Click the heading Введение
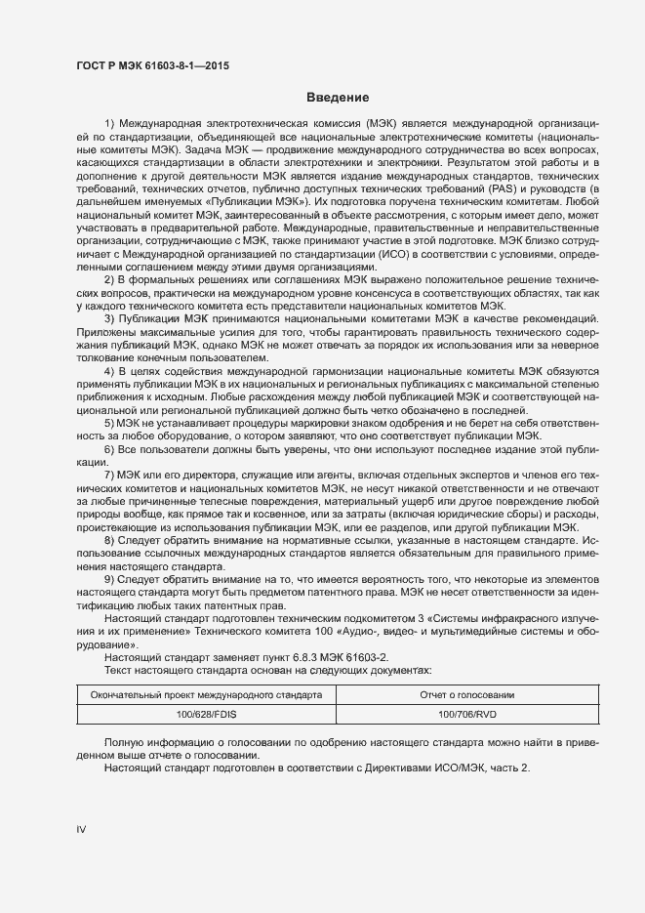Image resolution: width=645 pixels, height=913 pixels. [337, 98]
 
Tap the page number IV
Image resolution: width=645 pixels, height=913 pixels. [81, 829]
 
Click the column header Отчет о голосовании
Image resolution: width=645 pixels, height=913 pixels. [451, 694]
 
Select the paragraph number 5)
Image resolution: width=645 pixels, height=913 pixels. [109, 424]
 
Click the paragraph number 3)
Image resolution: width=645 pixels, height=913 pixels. [109, 319]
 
